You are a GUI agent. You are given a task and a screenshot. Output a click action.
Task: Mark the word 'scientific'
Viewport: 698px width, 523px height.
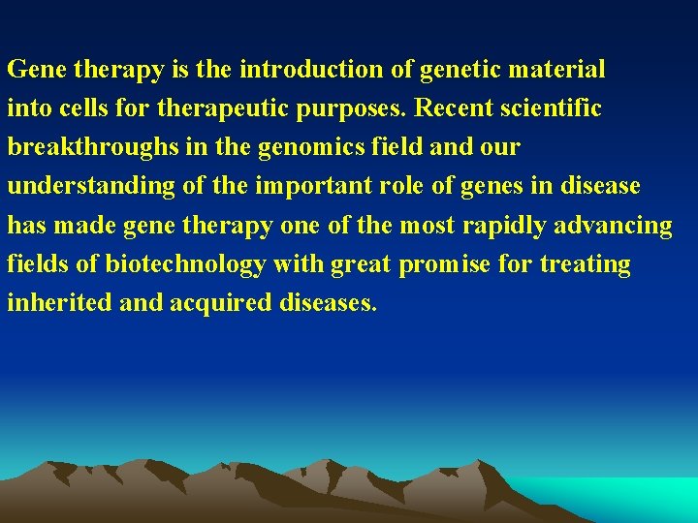(x=554, y=108)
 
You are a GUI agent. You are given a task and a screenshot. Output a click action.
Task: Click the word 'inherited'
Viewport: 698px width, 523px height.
(x=58, y=303)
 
